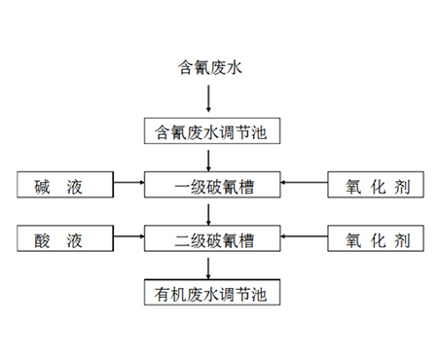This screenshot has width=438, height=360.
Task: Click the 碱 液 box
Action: point(65,183)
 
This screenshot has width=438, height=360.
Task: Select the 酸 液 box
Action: point(65,237)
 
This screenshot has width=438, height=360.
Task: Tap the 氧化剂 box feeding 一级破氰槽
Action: point(376,183)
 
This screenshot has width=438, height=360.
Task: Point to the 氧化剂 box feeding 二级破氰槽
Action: point(376,237)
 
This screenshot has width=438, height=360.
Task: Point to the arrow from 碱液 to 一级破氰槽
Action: point(128,183)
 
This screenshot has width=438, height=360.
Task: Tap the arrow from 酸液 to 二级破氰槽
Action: point(128,237)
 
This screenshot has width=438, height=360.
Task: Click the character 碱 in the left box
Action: point(46,183)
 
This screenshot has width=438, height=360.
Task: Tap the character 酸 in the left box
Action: point(46,237)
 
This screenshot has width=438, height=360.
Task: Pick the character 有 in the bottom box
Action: point(164,291)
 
